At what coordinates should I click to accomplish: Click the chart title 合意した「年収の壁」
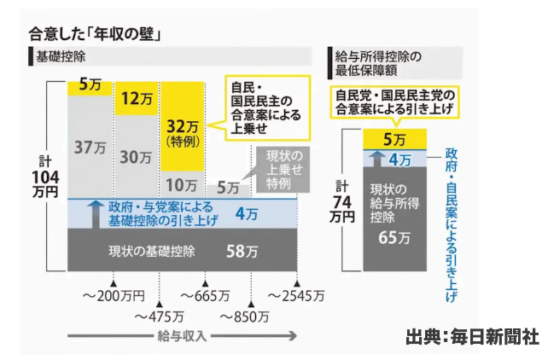coord(95,34)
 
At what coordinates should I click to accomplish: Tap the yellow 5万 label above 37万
coord(89,84)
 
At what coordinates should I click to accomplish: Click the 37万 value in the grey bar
coord(89,147)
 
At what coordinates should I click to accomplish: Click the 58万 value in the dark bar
coord(242,251)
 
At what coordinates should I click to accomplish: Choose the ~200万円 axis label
coord(114,296)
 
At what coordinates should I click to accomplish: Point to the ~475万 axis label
coord(160,316)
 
